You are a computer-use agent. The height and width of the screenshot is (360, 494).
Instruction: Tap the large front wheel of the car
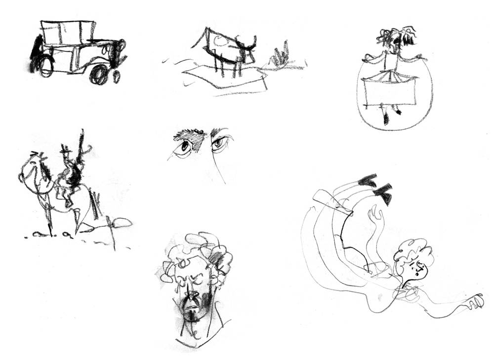tap(99, 75)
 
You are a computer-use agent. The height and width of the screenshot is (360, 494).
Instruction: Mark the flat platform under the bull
tap(222, 78)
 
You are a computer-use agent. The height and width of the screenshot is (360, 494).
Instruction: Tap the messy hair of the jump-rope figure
tap(397, 37)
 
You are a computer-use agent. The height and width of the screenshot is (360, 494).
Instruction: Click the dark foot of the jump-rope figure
tap(386, 118)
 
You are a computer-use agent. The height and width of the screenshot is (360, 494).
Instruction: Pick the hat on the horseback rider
tap(65, 149)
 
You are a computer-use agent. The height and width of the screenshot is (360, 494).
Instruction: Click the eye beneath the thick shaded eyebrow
tap(185, 147)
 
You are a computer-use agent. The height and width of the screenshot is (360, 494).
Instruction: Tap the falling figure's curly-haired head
tap(415, 259)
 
